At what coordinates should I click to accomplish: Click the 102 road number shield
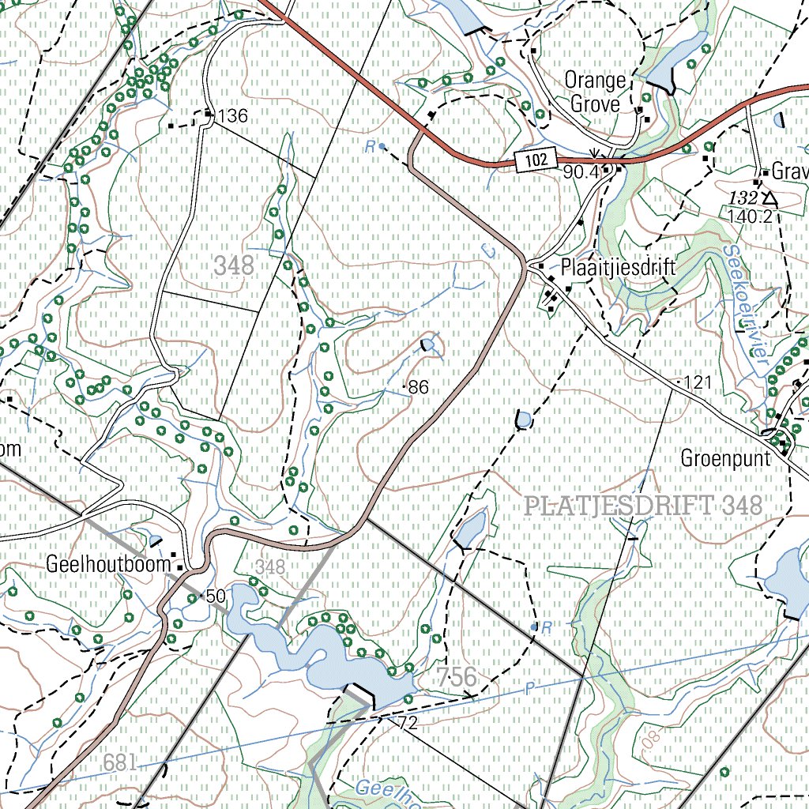535,161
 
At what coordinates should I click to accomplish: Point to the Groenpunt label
725,458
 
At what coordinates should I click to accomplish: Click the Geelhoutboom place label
109,565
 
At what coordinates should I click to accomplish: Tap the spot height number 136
233,117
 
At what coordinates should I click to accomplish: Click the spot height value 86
419,387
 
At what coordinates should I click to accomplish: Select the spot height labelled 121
698,383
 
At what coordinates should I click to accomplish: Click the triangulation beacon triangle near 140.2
769,198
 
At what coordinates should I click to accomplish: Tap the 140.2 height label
750,216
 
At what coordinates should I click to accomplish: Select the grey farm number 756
457,676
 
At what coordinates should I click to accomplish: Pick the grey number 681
120,762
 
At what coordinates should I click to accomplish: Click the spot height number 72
408,722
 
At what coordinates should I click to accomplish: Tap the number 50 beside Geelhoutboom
215,595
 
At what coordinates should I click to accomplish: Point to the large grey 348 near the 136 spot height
234,265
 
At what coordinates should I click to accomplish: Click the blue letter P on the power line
529,689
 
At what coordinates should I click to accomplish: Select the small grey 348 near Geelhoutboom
270,566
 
